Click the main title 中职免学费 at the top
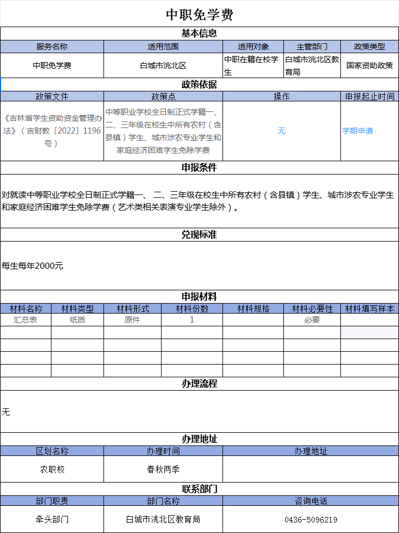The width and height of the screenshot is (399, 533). coord(199,14)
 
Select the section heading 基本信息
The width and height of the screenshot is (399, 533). coord(199,33)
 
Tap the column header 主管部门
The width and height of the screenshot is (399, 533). coord(312,47)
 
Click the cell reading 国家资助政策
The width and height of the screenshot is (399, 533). coord(369,65)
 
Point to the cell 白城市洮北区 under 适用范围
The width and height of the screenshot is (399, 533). coord(163,65)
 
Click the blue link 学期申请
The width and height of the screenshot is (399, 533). coord(357,131)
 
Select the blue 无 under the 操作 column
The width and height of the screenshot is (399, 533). coord(281,131)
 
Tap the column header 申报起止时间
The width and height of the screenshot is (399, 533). coord(369,96)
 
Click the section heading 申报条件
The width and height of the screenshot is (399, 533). coord(199,167)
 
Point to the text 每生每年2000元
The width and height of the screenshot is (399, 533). coord(33,266)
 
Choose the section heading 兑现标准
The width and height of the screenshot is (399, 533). coord(199,235)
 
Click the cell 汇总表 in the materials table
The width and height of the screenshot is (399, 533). coord(25,320)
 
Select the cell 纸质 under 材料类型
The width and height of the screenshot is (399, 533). coord(77,320)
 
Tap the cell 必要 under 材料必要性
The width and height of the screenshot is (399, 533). coord(312,320)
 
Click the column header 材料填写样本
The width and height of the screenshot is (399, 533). coord(369,309)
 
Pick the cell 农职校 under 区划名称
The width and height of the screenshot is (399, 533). coord(52,469)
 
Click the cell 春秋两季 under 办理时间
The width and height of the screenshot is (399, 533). coord(163,469)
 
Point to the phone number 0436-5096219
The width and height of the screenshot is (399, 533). coord(310,520)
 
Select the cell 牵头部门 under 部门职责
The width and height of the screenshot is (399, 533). coord(52,520)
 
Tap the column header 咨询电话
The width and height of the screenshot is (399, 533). coord(310,501)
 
